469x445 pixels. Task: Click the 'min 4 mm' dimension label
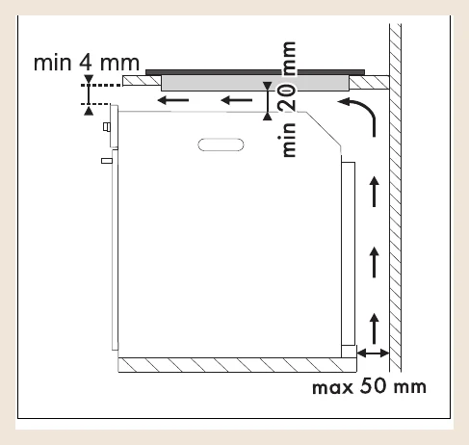click(87, 63)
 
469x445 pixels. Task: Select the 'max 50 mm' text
click(369, 386)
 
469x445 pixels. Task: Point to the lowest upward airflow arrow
click(374, 328)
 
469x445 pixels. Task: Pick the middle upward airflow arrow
click(374, 262)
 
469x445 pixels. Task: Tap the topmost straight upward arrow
click(374, 192)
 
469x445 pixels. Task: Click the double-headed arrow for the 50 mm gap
click(373, 353)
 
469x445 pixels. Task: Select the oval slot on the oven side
click(221, 144)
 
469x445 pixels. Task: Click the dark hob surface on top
click(255, 72)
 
